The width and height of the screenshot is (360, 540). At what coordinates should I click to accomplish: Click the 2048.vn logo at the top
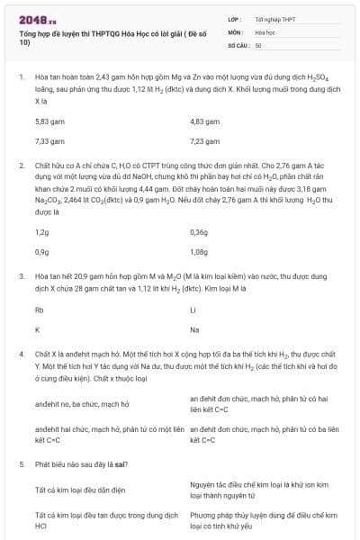coord(37,18)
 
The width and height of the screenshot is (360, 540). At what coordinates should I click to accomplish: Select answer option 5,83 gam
coord(49,121)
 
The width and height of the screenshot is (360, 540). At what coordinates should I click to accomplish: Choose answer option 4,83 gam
coord(204,121)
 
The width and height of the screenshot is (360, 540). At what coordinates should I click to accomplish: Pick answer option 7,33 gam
coord(49,141)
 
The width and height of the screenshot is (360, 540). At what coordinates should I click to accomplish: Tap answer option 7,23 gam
coord(204,141)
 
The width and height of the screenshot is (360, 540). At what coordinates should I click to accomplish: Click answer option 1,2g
coord(41,231)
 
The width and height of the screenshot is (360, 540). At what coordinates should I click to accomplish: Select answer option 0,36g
coord(199,231)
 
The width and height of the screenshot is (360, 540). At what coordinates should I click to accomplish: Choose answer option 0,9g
coord(41,252)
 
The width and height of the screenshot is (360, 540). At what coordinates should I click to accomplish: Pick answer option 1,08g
coord(200,252)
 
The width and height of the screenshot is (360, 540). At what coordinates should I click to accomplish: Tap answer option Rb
coord(40,310)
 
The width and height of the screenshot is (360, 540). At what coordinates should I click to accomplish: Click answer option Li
coord(193,310)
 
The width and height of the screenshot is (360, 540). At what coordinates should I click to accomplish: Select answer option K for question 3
coord(37,330)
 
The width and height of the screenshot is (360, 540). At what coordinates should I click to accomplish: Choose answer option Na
coord(194,330)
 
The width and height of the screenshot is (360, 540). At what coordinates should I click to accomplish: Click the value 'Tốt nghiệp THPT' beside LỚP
coord(274,19)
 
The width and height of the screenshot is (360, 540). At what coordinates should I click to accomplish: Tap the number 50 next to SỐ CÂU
coord(258,44)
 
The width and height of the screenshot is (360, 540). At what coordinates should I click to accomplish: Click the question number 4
coord(21,355)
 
